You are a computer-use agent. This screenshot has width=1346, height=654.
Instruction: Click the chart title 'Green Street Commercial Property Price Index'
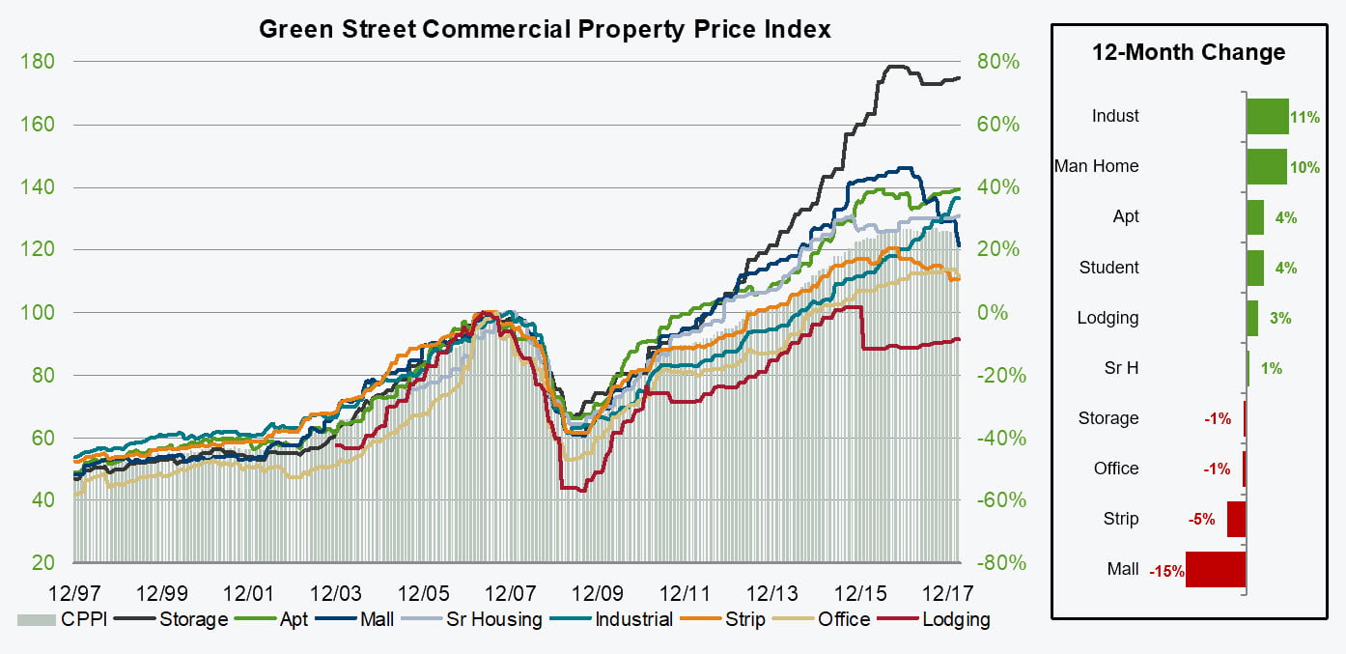(x=545, y=29)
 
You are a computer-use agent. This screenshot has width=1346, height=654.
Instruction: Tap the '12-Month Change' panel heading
(x=1189, y=52)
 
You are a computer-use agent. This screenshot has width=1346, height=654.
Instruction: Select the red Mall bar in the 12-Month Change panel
(x=1216, y=569)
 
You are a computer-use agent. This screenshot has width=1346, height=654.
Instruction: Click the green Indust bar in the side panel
(x=1268, y=116)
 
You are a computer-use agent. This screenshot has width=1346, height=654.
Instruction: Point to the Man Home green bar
(x=1267, y=166)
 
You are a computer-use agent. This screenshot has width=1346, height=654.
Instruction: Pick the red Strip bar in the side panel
(x=1236, y=519)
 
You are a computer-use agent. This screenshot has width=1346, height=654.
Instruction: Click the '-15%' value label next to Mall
(x=1166, y=571)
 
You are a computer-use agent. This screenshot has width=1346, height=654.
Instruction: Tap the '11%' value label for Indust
(x=1304, y=117)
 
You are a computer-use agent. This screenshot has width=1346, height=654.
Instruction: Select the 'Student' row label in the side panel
(x=1109, y=268)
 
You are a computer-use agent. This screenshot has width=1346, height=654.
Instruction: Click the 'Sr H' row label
(x=1121, y=368)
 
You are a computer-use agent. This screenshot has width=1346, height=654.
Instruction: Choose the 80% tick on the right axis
(x=997, y=62)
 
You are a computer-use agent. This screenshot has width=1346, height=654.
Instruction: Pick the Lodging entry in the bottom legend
(x=955, y=619)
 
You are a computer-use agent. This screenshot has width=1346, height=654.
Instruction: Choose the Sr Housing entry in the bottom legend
(x=493, y=619)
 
